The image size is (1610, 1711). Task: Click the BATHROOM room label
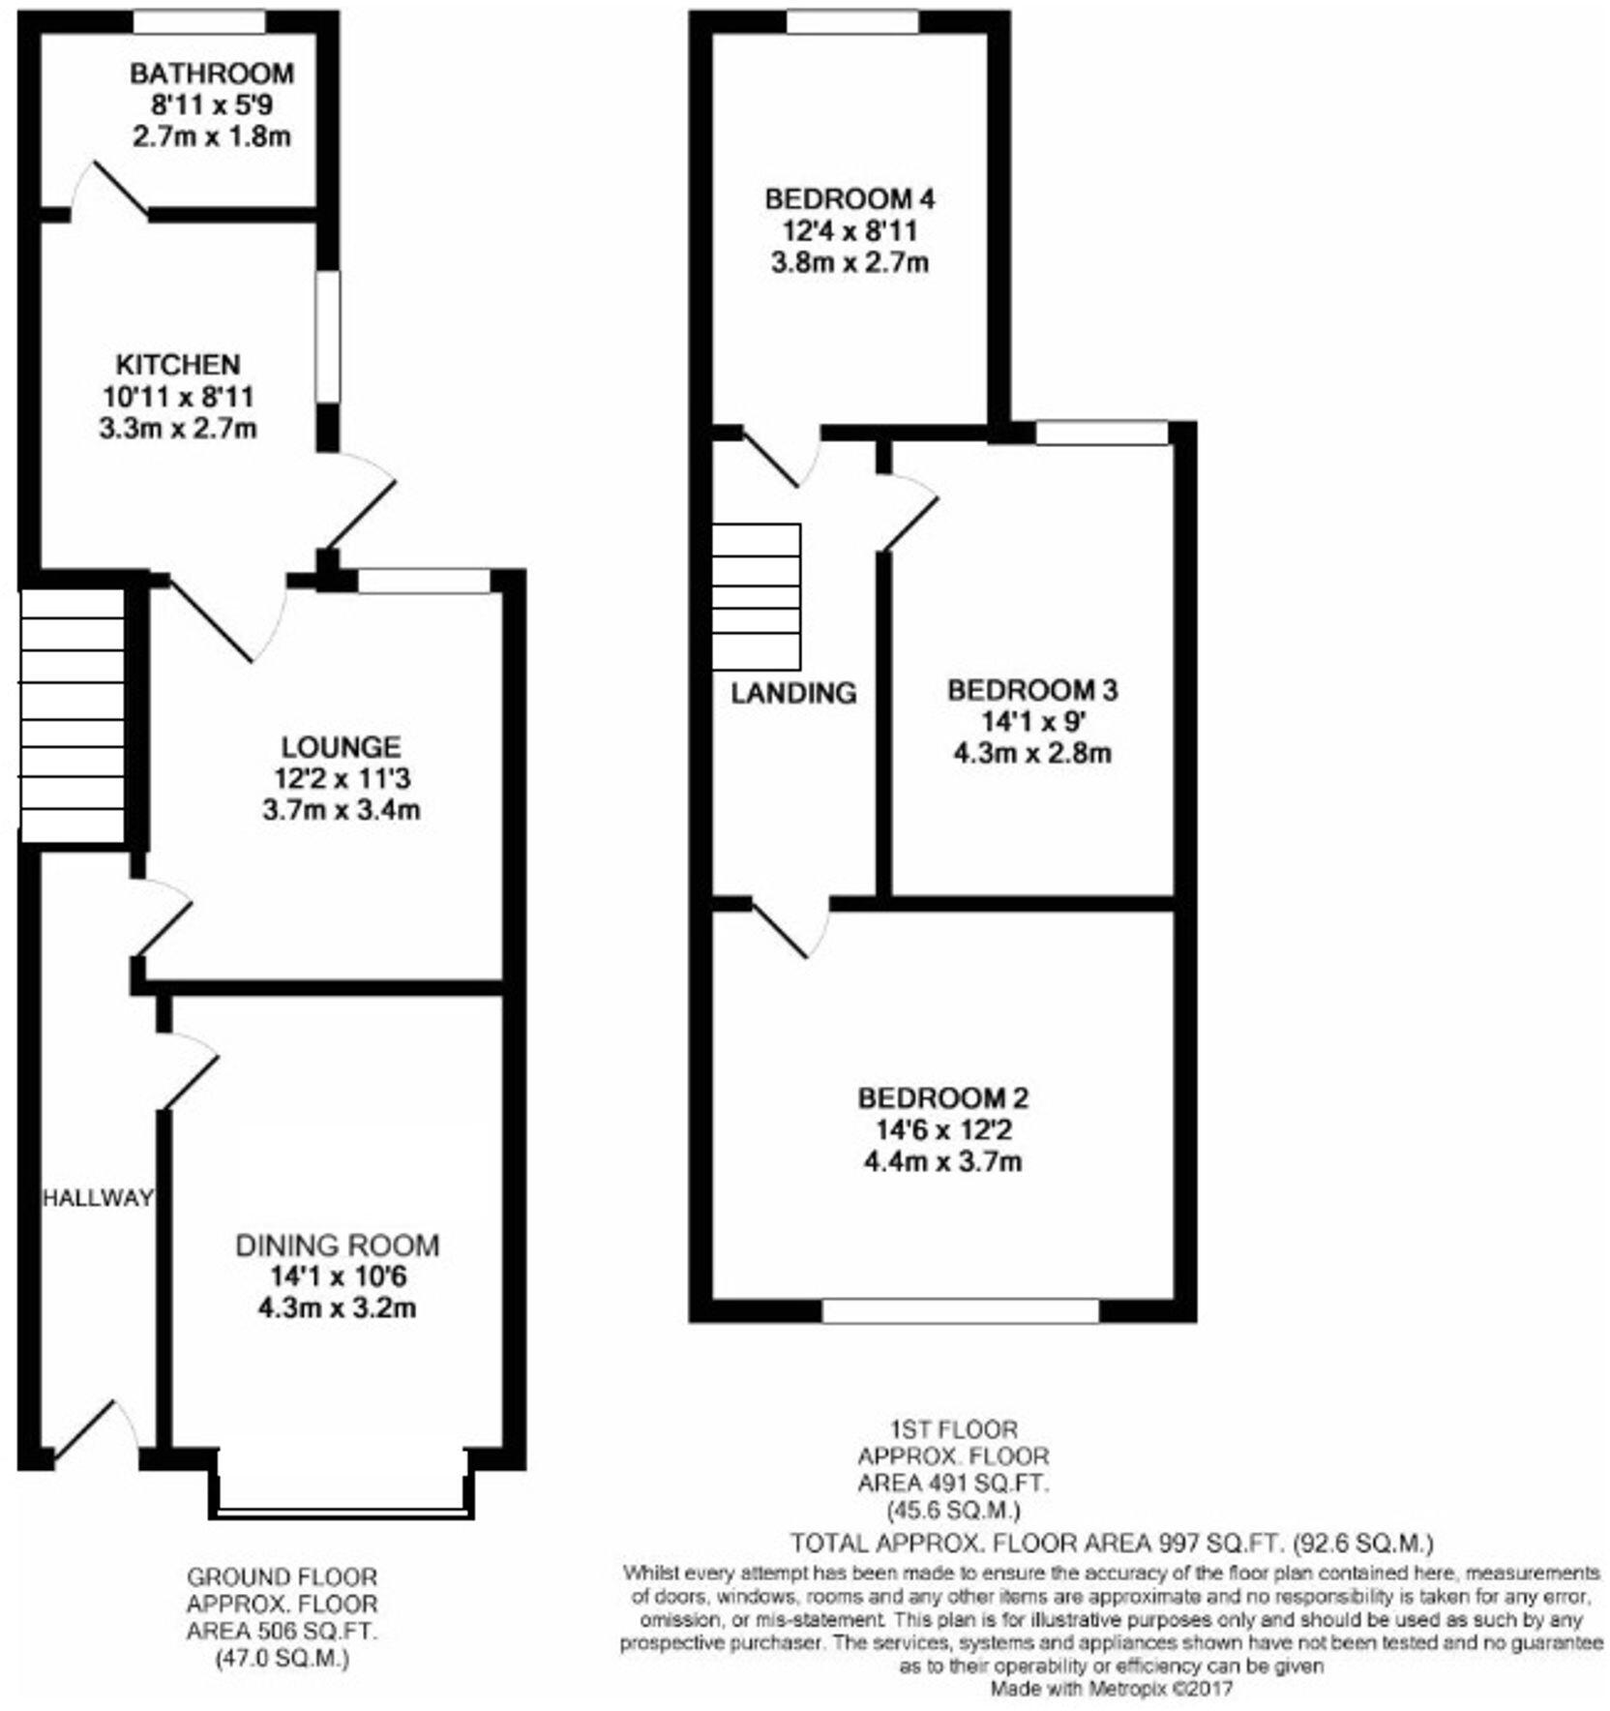click(211, 74)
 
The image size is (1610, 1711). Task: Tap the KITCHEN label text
click(178, 365)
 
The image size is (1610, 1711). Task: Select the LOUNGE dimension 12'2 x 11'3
click(341, 778)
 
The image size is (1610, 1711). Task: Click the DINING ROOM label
click(337, 1245)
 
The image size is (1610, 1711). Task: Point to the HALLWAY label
click(97, 1198)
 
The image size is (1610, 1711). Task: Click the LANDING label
click(793, 693)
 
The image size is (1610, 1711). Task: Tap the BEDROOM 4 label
click(850, 199)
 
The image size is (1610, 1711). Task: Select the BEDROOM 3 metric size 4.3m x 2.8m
click(1032, 753)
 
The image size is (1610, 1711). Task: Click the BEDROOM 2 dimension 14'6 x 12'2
click(942, 1129)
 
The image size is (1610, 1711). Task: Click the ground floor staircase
click(73, 716)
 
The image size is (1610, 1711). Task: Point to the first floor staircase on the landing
click(757, 596)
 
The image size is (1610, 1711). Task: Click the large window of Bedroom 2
click(960, 1311)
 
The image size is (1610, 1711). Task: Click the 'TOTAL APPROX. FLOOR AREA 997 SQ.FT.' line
click(1111, 1542)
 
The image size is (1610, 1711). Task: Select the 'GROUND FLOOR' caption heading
click(282, 1577)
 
